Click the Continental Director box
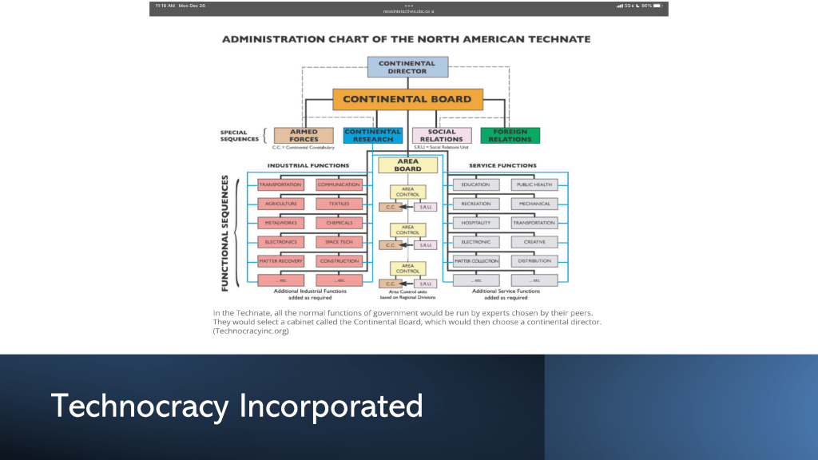pyautogui.click(x=407, y=67)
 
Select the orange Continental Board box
pyautogui.click(x=407, y=100)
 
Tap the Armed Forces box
pyautogui.click(x=304, y=136)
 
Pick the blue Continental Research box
pyautogui.click(x=372, y=136)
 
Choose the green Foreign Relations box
pyautogui.click(x=510, y=136)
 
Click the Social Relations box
pyautogui.click(x=442, y=136)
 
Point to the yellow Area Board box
pyautogui.click(x=407, y=165)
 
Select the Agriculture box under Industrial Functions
pyautogui.click(x=280, y=204)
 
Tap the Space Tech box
pyautogui.click(x=339, y=242)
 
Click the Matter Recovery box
pyautogui.click(x=280, y=261)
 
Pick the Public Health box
pyautogui.click(x=534, y=184)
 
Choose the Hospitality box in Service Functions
pyautogui.click(x=476, y=223)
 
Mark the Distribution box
pyautogui.click(x=534, y=261)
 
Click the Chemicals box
pyautogui.click(x=339, y=223)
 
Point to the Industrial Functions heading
pyautogui.click(x=308, y=165)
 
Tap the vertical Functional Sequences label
pyautogui.click(x=226, y=233)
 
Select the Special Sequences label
pyautogui.click(x=240, y=136)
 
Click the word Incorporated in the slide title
pyautogui.click(x=331, y=406)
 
